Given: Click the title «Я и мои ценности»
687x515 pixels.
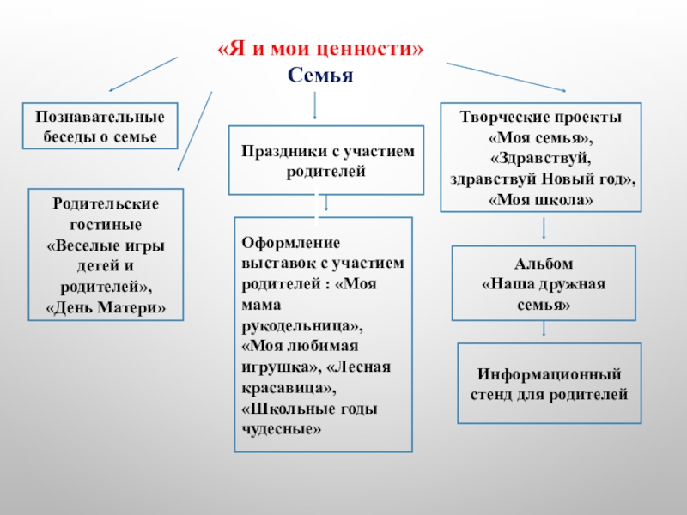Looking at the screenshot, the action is (319, 49).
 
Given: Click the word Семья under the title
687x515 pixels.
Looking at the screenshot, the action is (320, 76).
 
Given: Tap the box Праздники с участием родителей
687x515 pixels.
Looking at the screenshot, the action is (325, 161).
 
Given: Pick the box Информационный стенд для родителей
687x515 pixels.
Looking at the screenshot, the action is (549, 384).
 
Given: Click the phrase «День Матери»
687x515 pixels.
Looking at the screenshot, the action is (106, 306).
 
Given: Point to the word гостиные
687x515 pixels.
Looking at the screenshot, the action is (106, 224).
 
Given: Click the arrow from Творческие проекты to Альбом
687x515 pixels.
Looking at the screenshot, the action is (544, 228).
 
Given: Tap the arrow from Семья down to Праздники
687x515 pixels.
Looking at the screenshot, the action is (316, 106).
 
